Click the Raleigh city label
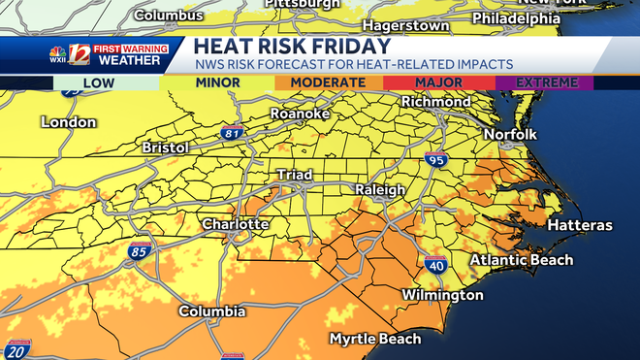click(x=379, y=190)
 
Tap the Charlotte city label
click(x=235, y=224)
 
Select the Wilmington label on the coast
click(x=443, y=295)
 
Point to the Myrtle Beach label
click(x=375, y=339)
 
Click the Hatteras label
click(x=580, y=225)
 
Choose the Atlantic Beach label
click(x=522, y=260)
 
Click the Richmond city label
click(x=434, y=100)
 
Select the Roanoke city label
click(x=300, y=115)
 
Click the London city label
click(x=69, y=122)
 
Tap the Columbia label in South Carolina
click(x=211, y=311)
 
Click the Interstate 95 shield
click(x=438, y=160)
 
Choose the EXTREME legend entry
click(x=546, y=82)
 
